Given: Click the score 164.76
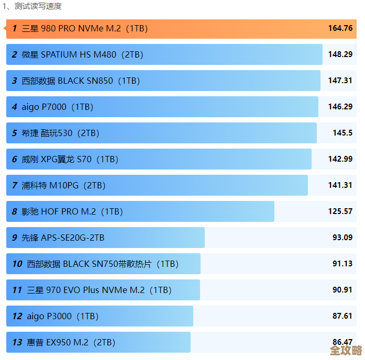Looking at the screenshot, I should click(340, 28).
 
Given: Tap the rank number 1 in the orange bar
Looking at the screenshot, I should click(15, 28).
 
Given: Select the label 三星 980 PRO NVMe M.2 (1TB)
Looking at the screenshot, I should click(84, 28).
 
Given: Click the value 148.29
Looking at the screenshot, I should click(340, 54).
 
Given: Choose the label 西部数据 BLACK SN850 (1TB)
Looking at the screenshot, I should click(81, 81).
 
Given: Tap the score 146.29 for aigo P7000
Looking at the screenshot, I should click(340, 107).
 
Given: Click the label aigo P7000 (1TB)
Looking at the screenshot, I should click(57, 107).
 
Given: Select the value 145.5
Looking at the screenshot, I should click(342, 133).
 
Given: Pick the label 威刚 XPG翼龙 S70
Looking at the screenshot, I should click(70, 159).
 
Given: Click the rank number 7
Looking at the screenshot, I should click(15, 185).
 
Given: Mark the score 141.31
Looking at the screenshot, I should click(340, 185).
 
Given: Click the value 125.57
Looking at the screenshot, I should click(340, 211).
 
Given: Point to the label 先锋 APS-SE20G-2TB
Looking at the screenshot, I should click(63, 238).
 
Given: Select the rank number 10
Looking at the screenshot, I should click(17, 264).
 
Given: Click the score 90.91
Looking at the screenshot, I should click(342, 290).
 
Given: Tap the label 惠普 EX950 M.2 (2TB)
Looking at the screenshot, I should click(71, 342).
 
